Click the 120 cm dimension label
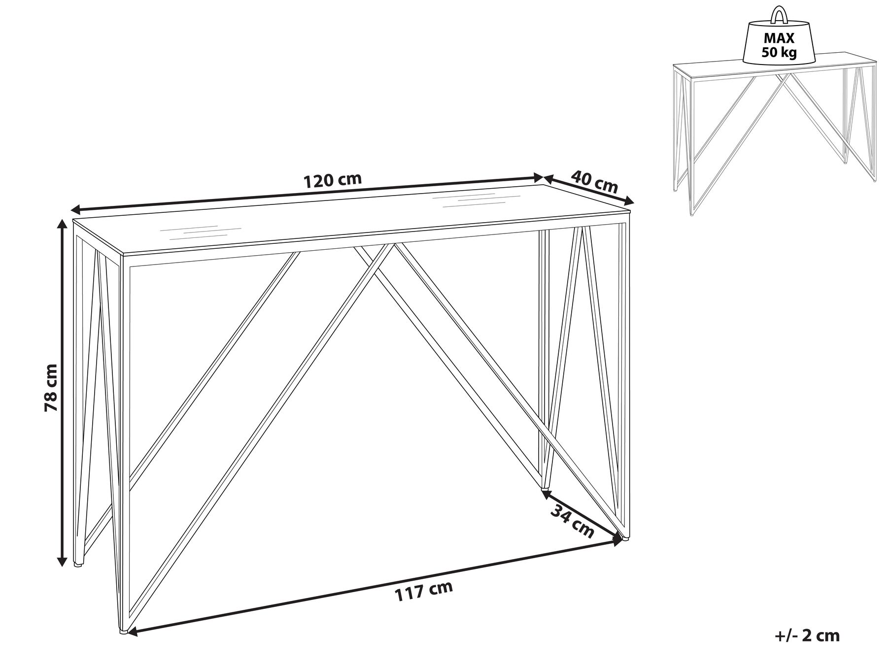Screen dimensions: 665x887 coord(332,180)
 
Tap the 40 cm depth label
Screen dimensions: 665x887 coord(594,182)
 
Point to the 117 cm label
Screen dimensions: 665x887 coord(424,591)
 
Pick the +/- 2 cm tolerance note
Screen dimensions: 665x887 coord(807,635)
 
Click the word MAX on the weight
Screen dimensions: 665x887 coord(779,38)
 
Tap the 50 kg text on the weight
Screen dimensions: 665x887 coord(779,53)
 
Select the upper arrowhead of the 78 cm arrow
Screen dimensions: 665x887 coord(62,225)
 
